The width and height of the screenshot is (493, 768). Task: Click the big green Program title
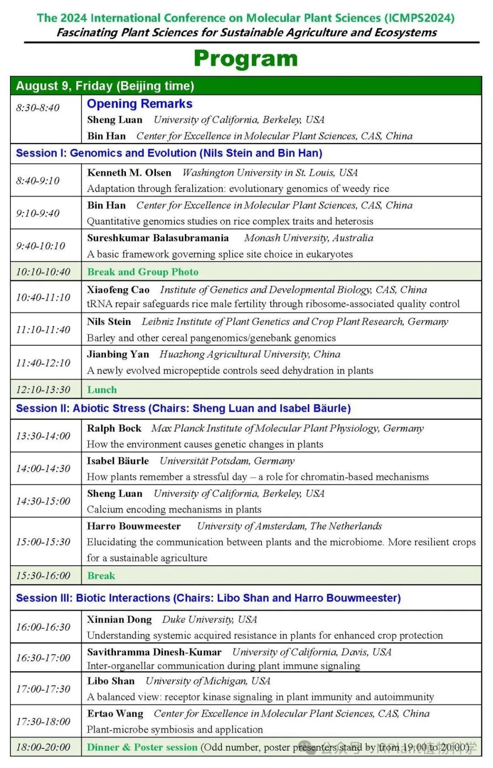click(x=246, y=59)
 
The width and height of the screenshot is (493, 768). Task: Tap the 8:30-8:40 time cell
click(x=38, y=108)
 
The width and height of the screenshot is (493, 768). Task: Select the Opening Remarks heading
click(x=140, y=104)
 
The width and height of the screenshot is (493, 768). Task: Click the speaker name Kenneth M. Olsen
click(x=129, y=173)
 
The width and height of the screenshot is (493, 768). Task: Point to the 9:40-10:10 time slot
click(x=41, y=246)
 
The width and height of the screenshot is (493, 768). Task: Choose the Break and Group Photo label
click(x=143, y=272)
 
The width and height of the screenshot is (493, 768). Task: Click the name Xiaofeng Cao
click(x=118, y=289)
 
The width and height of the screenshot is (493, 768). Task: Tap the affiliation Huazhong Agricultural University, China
click(x=250, y=354)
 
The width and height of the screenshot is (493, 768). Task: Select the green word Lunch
click(x=102, y=389)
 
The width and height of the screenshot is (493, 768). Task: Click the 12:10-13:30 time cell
click(x=43, y=389)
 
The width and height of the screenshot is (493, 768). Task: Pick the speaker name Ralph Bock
click(x=114, y=428)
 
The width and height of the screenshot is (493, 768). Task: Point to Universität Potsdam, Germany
click(x=227, y=461)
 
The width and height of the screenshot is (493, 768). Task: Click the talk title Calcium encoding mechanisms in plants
click(x=174, y=509)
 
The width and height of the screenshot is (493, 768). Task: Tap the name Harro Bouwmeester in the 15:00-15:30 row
click(x=134, y=526)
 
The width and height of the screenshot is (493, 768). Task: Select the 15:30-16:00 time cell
click(x=43, y=575)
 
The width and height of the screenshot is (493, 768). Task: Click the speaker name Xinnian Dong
click(x=119, y=619)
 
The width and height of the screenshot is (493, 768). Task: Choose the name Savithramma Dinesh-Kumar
click(x=154, y=652)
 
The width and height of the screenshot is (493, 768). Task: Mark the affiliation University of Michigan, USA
click(x=208, y=681)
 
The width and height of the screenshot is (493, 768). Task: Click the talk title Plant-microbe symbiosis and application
click(x=175, y=729)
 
